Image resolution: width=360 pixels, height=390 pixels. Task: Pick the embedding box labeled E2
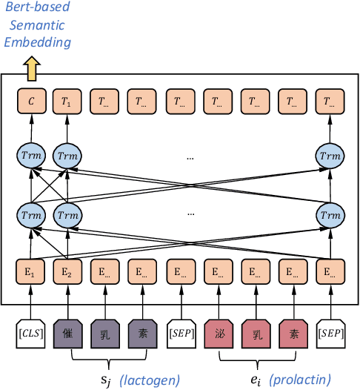tap(67, 271)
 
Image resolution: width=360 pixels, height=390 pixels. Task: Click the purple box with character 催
tap(67, 334)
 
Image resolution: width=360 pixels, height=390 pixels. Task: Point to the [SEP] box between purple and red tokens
tap(180, 334)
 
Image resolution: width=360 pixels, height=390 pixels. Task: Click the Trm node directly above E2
tap(67, 215)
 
